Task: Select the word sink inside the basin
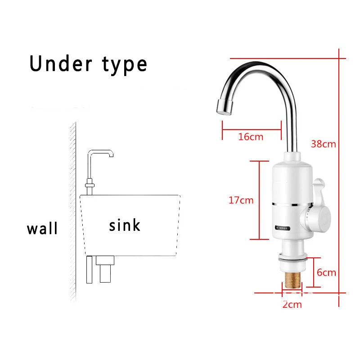125,225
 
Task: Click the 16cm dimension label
251,136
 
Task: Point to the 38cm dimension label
324,144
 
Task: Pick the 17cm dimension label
241,200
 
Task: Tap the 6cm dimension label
326,272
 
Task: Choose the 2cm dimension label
292,305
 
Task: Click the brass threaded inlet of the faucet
292,279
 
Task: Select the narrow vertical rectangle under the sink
90,269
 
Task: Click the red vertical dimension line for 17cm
260,200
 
